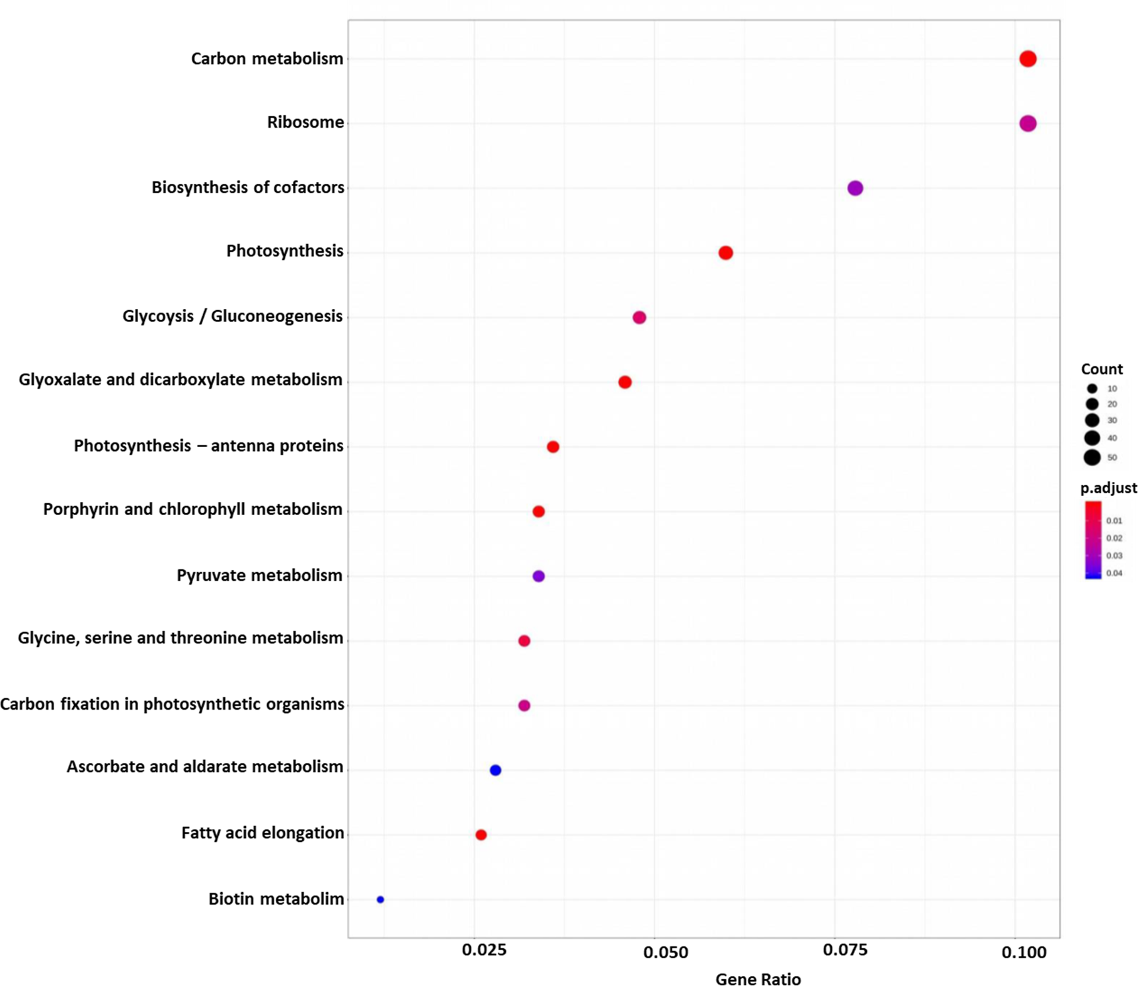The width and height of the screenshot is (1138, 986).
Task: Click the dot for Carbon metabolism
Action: (1027, 59)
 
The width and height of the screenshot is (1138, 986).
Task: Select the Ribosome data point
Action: (1027, 124)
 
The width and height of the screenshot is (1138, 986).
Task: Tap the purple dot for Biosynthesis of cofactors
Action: (854, 188)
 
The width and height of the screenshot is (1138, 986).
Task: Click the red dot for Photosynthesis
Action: (725, 253)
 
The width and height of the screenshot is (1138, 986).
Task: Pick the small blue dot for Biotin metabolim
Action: (380, 899)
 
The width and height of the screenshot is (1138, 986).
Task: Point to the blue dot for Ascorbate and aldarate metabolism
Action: (495, 770)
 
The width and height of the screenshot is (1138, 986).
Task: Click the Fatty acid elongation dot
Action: (481, 835)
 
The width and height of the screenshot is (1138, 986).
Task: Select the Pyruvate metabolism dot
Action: (538, 576)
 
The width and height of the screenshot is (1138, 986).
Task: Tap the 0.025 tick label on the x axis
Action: (483, 950)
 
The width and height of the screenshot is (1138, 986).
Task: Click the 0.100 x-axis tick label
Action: (1024, 952)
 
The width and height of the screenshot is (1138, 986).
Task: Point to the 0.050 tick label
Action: (665, 952)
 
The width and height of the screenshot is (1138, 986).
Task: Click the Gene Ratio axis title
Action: (758, 979)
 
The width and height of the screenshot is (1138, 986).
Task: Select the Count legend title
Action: (1102, 369)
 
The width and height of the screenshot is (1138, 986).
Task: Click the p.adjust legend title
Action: (1108, 488)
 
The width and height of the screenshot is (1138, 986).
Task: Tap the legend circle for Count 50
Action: (1092, 457)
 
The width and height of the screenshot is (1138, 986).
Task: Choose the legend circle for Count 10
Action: (1092, 389)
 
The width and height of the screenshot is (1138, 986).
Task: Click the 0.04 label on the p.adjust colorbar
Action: (1114, 573)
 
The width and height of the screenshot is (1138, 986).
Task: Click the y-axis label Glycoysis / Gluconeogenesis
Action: (232, 316)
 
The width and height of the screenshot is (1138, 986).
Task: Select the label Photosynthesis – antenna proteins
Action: (208, 446)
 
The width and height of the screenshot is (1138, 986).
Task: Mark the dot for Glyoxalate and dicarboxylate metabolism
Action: (624, 382)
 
